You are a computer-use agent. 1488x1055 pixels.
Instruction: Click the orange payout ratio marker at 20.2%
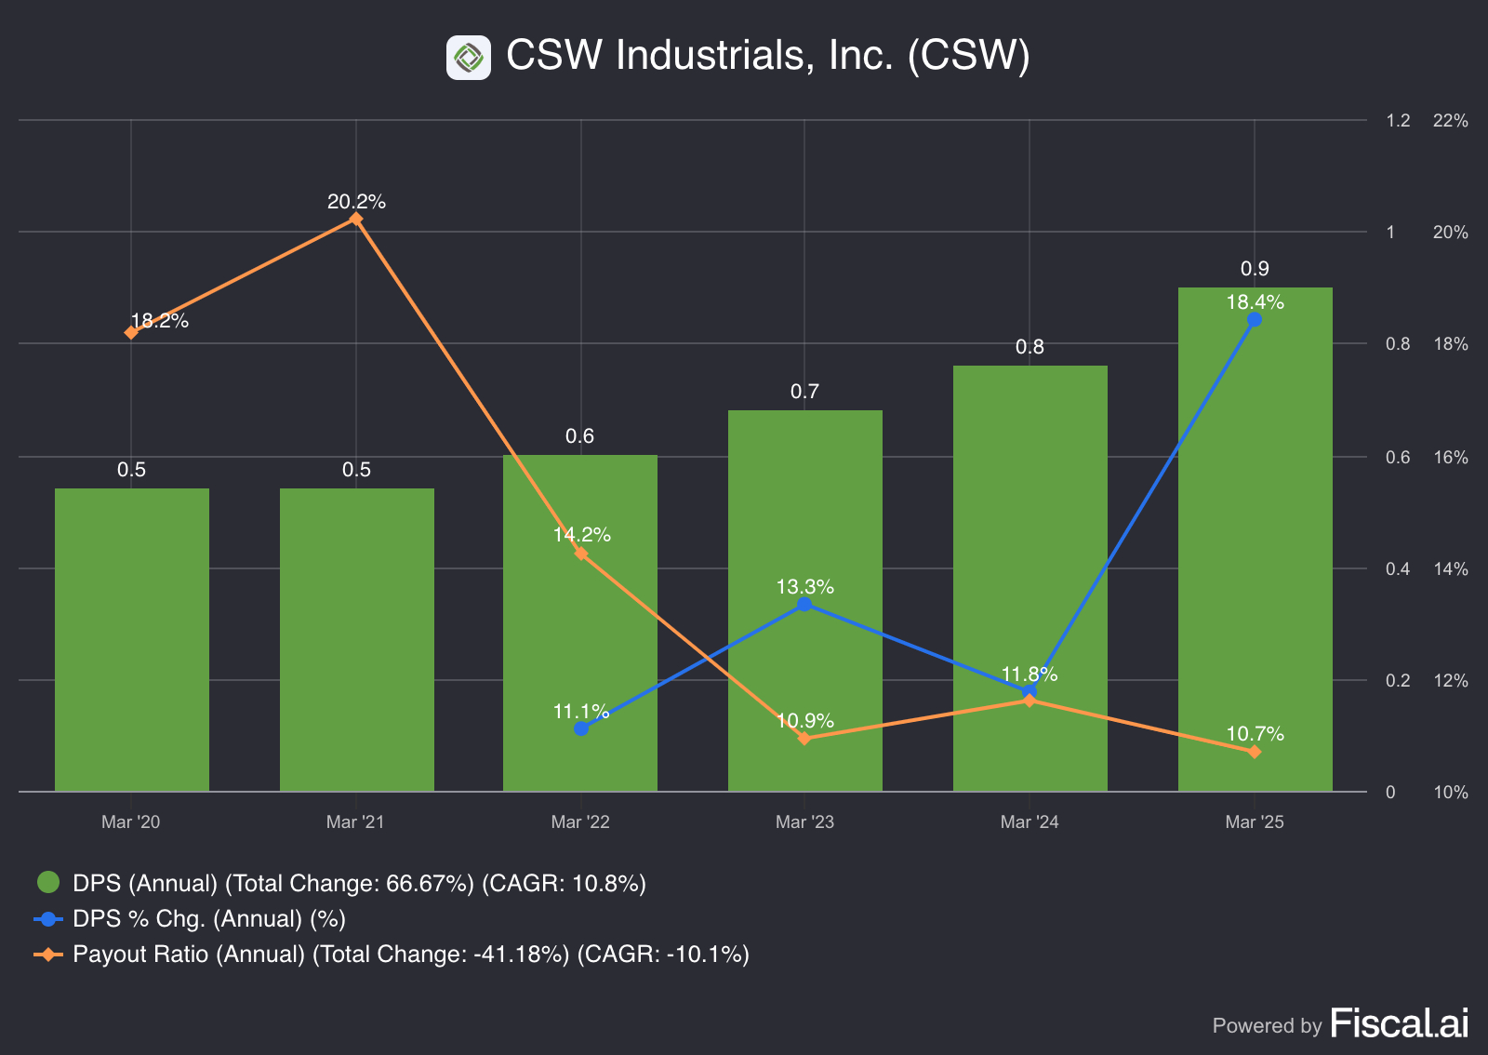(356, 220)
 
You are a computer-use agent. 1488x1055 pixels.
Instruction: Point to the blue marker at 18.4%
(1255, 319)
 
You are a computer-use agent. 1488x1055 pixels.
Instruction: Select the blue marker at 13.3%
(804, 605)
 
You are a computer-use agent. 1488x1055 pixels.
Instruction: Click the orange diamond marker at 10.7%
(1255, 752)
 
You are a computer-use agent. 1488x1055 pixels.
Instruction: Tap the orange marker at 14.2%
(581, 554)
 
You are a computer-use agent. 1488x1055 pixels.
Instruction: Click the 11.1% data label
(581, 712)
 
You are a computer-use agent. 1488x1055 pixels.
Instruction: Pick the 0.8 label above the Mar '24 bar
(1030, 347)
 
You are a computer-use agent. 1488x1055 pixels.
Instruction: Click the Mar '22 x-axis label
(580, 821)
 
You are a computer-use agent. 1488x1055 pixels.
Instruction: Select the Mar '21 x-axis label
(355, 821)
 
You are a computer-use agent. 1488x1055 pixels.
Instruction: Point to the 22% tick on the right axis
(1450, 120)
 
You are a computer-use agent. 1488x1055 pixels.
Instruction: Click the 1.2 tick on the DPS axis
(1398, 120)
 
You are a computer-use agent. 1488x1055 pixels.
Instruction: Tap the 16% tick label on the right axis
(1450, 457)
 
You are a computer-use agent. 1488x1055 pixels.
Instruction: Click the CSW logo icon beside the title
(469, 58)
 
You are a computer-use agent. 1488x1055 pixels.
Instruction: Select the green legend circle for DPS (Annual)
(48, 882)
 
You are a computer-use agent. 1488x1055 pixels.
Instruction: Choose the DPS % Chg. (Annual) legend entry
(208, 918)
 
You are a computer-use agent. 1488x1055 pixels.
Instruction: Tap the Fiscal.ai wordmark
(1400, 1023)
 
